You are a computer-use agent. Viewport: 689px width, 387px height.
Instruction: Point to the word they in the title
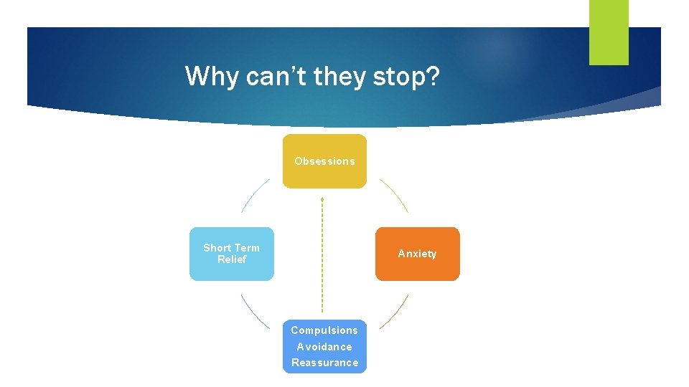pyautogui.click(x=341, y=76)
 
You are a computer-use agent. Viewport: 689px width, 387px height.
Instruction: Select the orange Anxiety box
pyautogui.click(x=417, y=254)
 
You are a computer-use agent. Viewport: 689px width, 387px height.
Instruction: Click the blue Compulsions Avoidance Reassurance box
pyautogui.click(x=324, y=346)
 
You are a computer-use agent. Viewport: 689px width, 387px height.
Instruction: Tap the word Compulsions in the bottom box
pyautogui.click(x=324, y=330)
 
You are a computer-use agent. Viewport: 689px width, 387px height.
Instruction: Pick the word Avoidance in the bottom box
pyautogui.click(x=324, y=347)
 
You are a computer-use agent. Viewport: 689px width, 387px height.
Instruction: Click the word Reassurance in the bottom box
pyautogui.click(x=324, y=363)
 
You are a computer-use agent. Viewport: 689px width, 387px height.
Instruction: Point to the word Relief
pyautogui.click(x=232, y=259)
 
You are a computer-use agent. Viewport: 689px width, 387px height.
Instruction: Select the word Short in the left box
pyautogui.click(x=217, y=248)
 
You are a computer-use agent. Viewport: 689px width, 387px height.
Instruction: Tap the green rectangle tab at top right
pyautogui.click(x=609, y=32)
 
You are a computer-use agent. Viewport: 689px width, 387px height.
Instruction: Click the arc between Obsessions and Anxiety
pyautogui.click(x=395, y=194)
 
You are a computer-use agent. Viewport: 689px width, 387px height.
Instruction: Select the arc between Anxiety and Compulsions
pyautogui.click(x=395, y=312)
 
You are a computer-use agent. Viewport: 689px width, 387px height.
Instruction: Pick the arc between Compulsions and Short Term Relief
pyautogui.click(x=254, y=312)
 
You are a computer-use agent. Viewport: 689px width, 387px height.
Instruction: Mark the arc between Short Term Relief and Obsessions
pyautogui.click(x=254, y=195)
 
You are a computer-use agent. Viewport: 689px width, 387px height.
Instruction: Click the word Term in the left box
pyautogui.click(x=247, y=248)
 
